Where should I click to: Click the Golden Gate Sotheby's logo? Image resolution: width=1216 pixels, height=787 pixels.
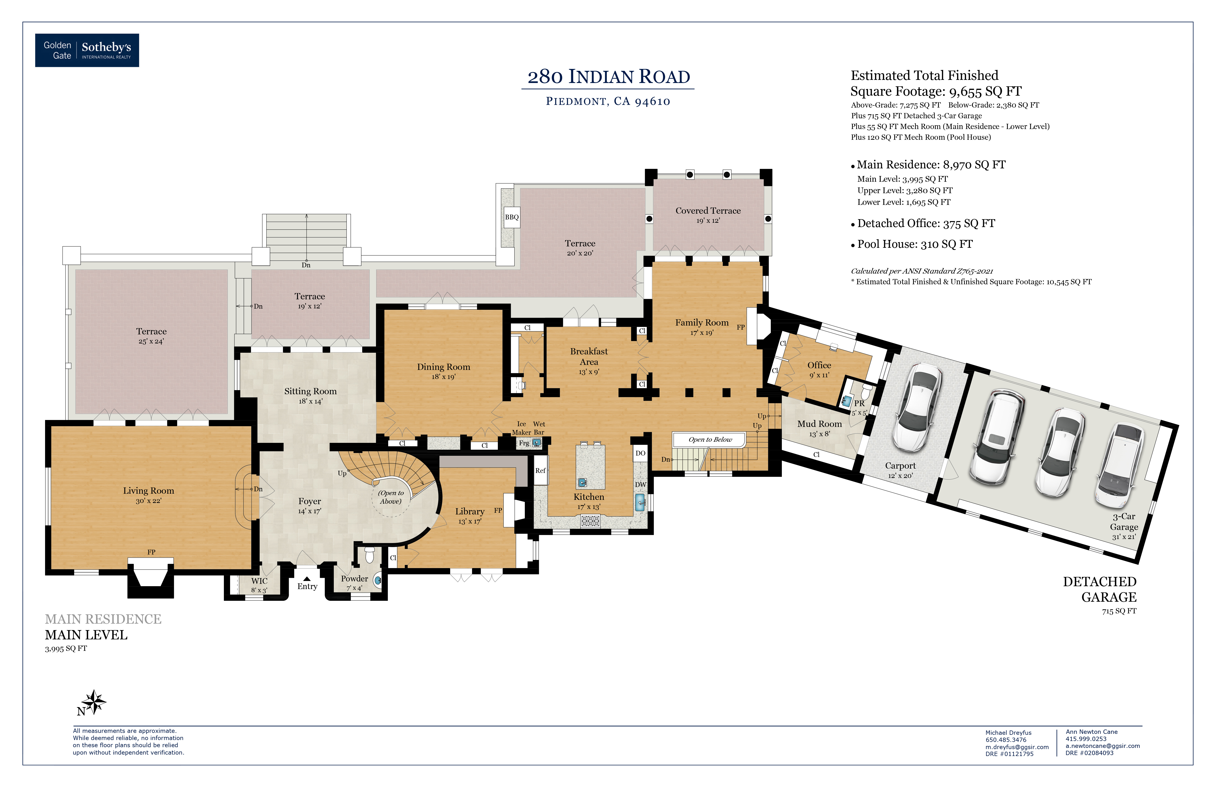(87, 50)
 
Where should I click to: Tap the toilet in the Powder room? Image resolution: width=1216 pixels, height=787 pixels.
(369, 554)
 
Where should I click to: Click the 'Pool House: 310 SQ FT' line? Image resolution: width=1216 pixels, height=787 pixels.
(915, 244)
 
